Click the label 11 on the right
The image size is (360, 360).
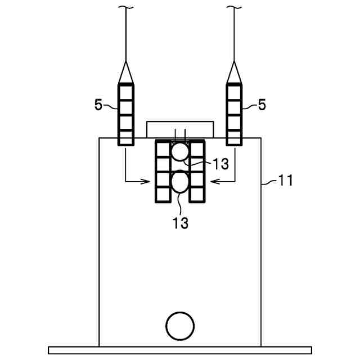[x=286, y=181]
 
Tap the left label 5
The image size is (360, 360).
[x=99, y=105]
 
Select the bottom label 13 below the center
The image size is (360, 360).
[x=180, y=223]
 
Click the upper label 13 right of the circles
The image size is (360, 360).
[x=220, y=164]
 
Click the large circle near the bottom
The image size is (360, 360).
[x=180, y=325]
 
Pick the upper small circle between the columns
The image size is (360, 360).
[x=180, y=152]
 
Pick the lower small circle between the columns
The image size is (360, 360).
[x=180, y=182]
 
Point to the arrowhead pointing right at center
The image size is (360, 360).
[x=148, y=181]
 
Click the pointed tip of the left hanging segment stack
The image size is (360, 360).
[x=126, y=63]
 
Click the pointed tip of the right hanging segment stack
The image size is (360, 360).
[x=234, y=63]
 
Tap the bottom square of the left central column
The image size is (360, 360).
[x=163, y=195]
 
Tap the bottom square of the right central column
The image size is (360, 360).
[x=196, y=195]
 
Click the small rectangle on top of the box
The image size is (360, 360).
[x=180, y=129]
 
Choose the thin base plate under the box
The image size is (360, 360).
[x=180, y=350]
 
